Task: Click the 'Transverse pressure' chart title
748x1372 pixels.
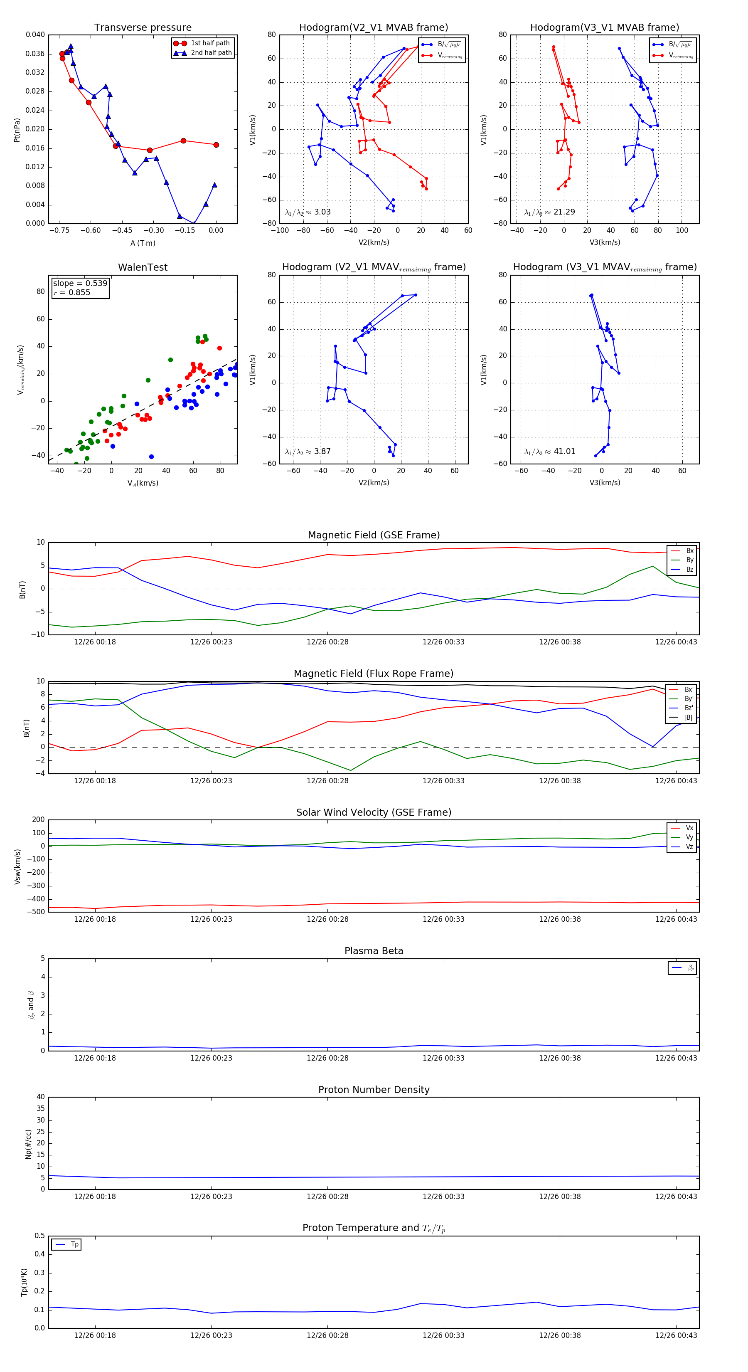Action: click(x=143, y=28)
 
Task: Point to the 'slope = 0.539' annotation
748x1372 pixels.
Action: click(x=80, y=284)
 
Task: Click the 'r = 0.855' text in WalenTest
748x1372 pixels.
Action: click(x=72, y=292)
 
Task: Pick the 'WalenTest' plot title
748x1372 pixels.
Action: click(x=143, y=267)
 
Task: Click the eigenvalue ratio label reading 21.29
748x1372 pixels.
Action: click(x=549, y=212)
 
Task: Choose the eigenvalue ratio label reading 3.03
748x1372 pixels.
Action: click(x=308, y=212)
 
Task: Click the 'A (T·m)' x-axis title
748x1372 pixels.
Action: click(x=143, y=243)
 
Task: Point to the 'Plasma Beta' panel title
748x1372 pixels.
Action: click(x=374, y=951)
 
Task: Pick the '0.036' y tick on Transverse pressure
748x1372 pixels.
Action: click(x=35, y=54)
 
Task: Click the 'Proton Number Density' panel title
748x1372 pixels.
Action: click(x=374, y=1090)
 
